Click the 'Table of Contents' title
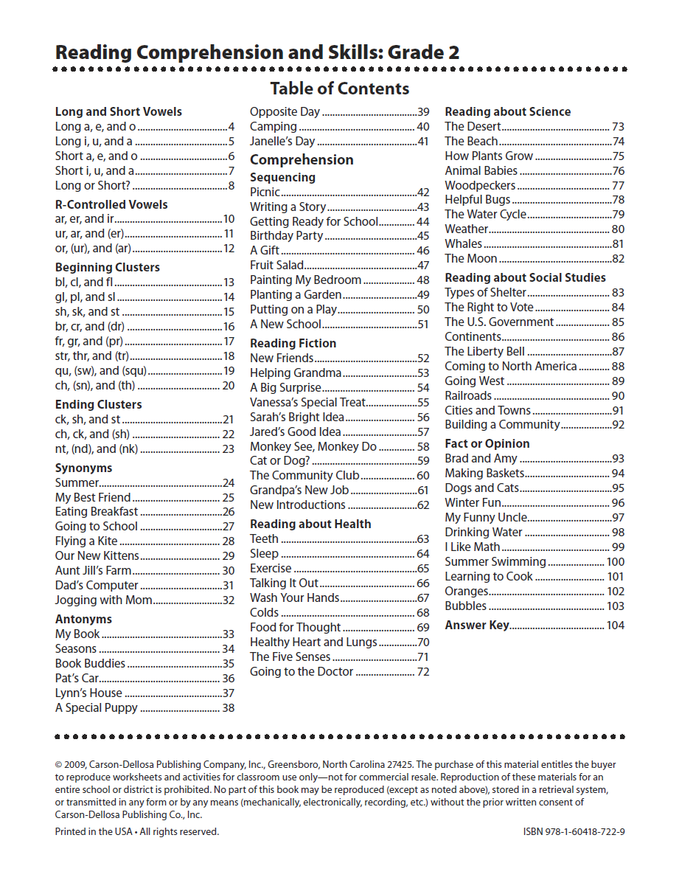pos(339,89)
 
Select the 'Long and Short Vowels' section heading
pos(118,112)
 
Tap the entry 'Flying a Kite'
pos(86,541)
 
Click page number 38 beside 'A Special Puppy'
pos(228,708)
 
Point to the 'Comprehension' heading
pos(302,160)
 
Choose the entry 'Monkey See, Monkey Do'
pos(313,446)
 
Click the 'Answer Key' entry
pos(476,626)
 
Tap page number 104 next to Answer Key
pos(615,626)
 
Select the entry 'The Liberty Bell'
pos(484,352)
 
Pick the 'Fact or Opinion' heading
pos(487,444)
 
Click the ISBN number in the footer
pos(574,831)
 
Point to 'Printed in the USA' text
pos(94,831)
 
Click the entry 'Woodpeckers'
pos(480,185)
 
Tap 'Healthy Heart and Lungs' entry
pos(313,642)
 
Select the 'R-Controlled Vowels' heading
pos(111,205)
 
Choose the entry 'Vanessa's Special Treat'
pos(307,403)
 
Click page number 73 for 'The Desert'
pos(618,127)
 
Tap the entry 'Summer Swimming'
pos(495,562)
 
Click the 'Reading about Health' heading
pos(310,524)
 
